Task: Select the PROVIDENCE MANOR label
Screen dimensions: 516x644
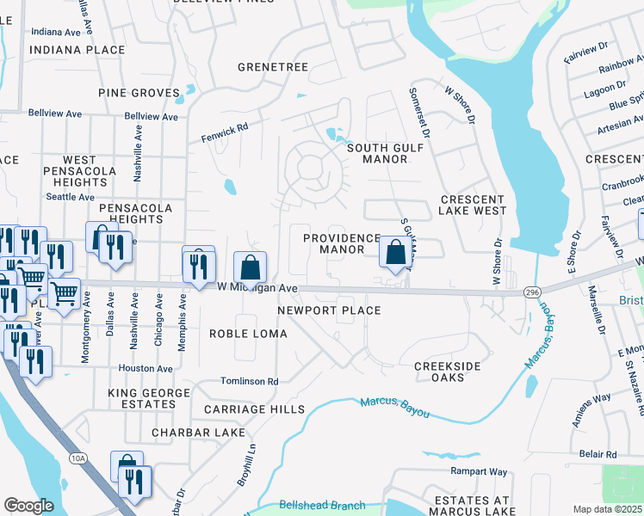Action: click(x=342, y=243)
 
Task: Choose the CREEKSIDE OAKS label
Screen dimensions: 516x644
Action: click(x=446, y=372)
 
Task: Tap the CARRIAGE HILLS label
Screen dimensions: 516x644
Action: click(x=254, y=409)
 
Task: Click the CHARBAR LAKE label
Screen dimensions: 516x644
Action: click(x=198, y=433)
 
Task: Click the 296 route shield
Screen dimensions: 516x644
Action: click(x=531, y=293)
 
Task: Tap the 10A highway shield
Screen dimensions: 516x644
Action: click(x=78, y=458)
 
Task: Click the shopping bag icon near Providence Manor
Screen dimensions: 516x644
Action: click(x=396, y=253)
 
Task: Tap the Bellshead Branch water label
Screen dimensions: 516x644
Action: click(x=322, y=506)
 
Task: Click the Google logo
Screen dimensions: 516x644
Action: click(x=28, y=506)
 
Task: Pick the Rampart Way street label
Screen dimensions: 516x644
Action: click(x=479, y=471)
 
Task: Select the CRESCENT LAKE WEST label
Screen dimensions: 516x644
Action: click(x=472, y=205)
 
